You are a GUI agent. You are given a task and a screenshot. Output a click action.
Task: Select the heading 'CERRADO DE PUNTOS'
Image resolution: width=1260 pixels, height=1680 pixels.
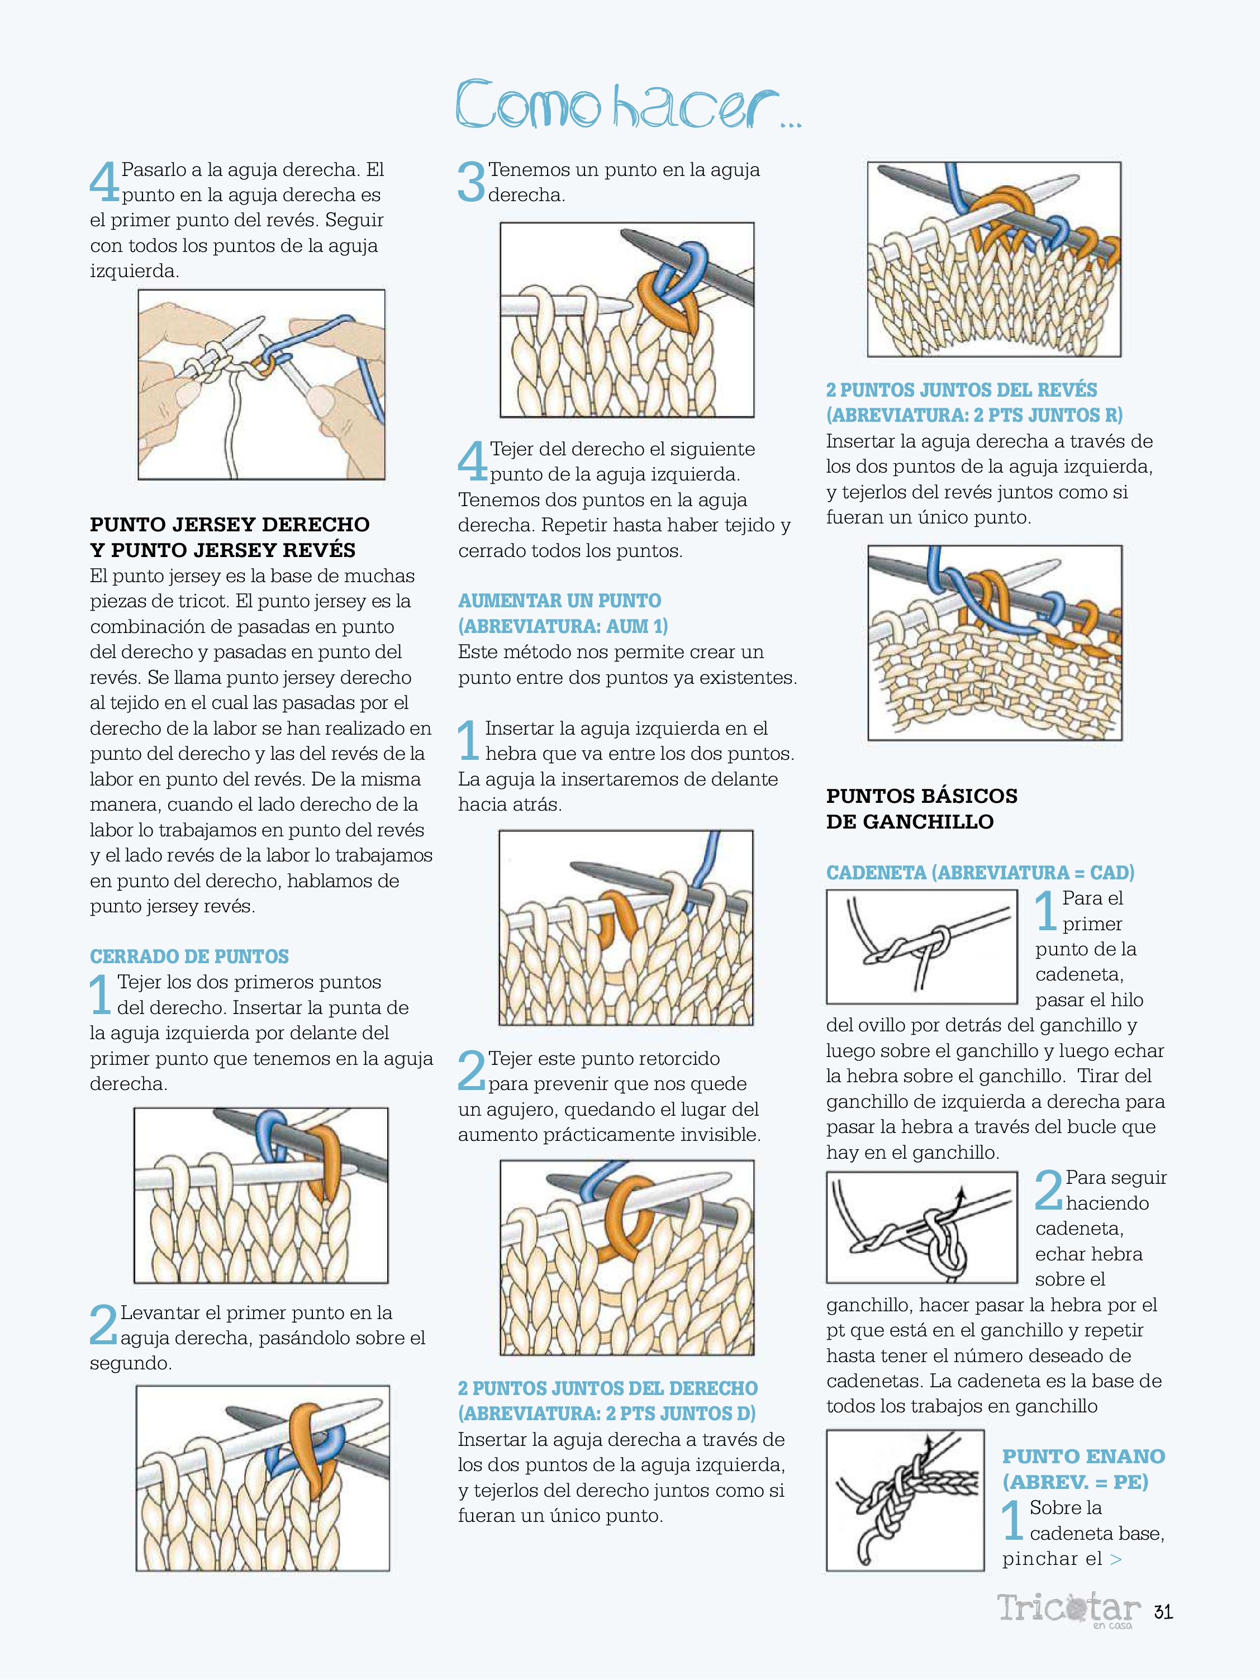(x=189, y=956)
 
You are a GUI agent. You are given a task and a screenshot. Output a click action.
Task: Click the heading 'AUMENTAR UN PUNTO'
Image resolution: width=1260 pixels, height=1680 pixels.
(x=560, y=601)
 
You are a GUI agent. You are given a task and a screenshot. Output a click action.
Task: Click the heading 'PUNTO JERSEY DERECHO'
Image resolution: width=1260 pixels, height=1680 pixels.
(x=229, y=524)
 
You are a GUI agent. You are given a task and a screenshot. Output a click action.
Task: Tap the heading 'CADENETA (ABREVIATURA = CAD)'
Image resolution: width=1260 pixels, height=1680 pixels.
(x=980, y=872)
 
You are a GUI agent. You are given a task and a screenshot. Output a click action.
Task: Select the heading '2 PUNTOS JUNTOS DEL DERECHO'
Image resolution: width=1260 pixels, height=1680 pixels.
(x=607, y=1388)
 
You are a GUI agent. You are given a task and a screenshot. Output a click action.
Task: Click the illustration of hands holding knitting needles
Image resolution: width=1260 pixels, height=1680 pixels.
(x=261, y=384)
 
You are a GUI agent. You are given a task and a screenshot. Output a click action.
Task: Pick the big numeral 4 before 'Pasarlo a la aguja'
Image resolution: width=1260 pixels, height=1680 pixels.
(x=104, y=182)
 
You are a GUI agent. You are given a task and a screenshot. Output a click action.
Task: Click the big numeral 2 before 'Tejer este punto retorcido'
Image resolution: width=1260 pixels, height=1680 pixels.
(x=472, y=1071)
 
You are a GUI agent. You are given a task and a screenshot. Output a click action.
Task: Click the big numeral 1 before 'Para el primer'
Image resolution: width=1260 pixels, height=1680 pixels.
(x=1046, y=911)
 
